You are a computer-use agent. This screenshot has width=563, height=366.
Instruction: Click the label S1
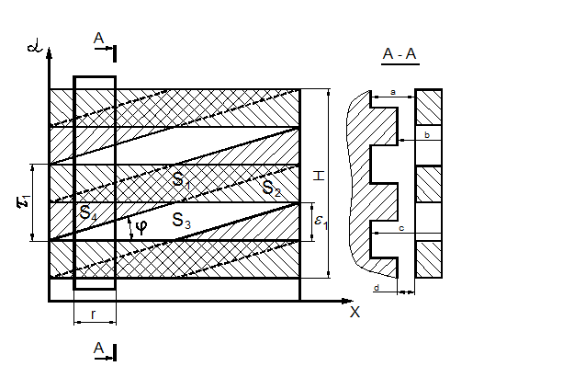[x=181, y=180]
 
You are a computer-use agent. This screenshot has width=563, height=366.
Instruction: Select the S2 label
[x=271, y=188]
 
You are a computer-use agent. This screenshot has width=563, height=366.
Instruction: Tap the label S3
[x=181, y=221]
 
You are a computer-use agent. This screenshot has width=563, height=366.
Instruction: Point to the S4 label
[x=88, y=212]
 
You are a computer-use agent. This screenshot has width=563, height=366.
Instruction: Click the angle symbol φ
[x=141, y=226]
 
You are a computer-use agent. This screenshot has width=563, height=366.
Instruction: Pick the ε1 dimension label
[x=321, y=221]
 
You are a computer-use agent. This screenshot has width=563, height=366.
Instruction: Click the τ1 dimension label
[x=24, y=201]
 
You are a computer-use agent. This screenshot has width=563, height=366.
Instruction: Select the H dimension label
[x=319, y=176]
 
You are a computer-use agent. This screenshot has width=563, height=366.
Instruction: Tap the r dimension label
[x=93, y=315]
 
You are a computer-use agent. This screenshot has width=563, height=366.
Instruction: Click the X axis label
[x=355, y=312]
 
